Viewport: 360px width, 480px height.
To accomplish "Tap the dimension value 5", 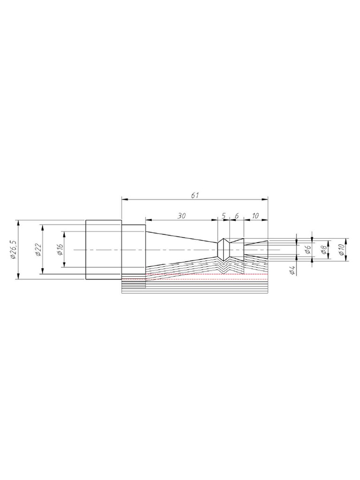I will coord(224,216).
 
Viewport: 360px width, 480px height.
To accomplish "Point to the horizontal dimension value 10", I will coord(255,216).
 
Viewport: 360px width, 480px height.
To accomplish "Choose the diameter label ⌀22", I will coord(37,249).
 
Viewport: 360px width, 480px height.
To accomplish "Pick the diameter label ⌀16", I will coord(60,249).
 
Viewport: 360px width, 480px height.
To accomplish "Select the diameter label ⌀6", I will coord(307,249).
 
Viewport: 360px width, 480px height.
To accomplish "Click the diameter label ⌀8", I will coord(323,249).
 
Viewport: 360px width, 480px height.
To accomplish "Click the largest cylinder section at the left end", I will coord(103,249).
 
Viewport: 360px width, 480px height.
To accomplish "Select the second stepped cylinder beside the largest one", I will coord(134,249).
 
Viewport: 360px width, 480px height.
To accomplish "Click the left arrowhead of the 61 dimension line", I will coord(124,199).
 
